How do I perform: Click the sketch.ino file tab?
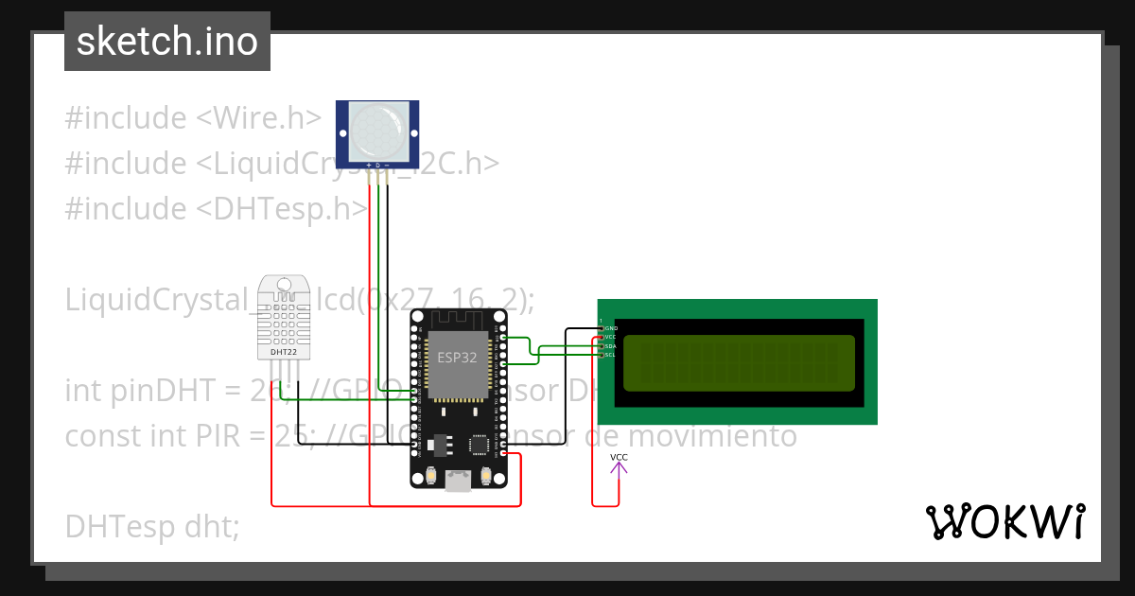click(167, 42)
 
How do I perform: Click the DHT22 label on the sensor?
click(284, 352)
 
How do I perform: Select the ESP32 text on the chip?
click(458, 358)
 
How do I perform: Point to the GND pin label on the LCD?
click(611, 328)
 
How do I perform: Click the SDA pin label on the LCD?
click(611, 346)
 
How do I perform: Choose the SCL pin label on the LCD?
click(611, 355)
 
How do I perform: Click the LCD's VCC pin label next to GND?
click(611, 337)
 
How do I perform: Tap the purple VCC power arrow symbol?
click(619, 467)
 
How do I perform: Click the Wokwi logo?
click(1005, 521)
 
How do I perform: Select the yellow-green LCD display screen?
click(739, 363)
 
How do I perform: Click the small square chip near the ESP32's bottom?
click(480, 443)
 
